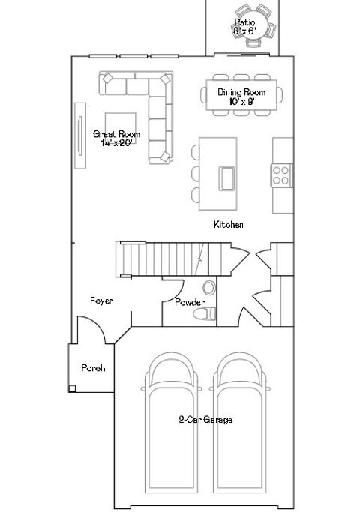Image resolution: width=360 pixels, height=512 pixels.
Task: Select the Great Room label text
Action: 116,138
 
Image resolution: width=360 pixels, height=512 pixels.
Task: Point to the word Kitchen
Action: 229,224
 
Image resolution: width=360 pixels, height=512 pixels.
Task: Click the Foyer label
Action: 101,301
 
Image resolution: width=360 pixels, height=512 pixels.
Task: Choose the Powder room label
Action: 190,302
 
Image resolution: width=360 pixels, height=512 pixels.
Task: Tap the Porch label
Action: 93,368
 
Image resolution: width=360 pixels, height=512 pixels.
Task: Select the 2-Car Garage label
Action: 205,420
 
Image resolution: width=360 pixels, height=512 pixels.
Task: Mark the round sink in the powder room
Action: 209,287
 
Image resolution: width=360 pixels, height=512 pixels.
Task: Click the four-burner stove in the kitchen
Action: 282,175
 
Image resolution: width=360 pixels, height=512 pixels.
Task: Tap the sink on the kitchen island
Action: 226,178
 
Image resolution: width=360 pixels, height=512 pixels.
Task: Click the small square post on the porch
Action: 71,388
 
